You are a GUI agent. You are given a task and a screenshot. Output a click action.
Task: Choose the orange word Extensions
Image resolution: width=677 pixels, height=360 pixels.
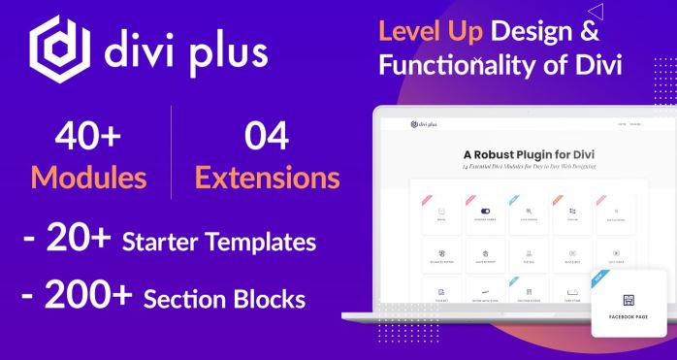point(266,178)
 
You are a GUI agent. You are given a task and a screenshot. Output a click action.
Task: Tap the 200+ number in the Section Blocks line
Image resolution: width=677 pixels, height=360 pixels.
point(88,297)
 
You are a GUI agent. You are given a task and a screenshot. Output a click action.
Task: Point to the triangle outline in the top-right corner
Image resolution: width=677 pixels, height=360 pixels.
point(596,12)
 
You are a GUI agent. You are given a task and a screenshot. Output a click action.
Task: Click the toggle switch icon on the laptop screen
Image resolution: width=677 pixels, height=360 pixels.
point(485,211)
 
